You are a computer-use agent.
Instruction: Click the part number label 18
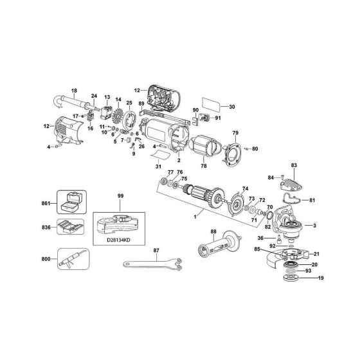click(x=73, y=91)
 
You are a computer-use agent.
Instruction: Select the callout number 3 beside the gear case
click(x=314, y=226)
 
